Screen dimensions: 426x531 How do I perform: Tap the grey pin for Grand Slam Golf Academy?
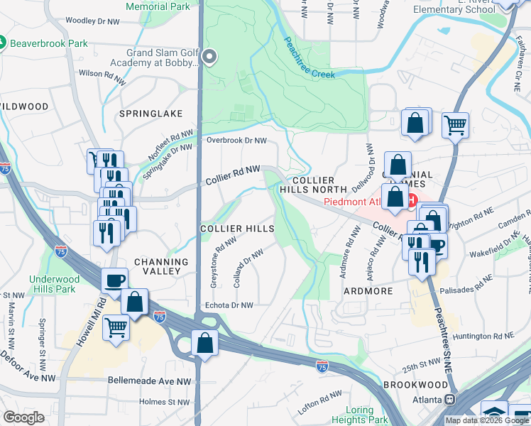[x=209, y=56]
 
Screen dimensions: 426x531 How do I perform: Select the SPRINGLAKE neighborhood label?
[x=151, y=114]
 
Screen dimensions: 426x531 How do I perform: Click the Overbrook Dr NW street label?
[x=236, y=141]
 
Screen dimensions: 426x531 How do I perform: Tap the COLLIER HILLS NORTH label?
[x=313, y=185]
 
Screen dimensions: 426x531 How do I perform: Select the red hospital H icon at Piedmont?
[x=411, y=200]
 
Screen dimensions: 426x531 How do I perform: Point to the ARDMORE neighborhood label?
[x=368, y=291]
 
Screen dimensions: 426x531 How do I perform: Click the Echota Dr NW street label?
[x=229, y=305]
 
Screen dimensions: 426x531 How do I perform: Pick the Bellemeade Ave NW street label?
[x=149, y=381]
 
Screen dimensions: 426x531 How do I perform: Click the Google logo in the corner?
[x=23, y=417]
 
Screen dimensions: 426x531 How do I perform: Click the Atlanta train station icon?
[x=449, y=400]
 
